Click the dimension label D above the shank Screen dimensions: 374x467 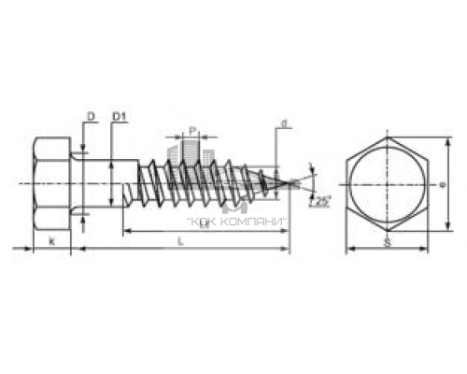91,116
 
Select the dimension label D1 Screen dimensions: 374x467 119,116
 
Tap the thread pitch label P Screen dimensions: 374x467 191,131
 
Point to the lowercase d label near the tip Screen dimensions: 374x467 280,122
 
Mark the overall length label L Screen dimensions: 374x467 179,241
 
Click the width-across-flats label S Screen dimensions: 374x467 387,242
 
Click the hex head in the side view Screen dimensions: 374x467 51,183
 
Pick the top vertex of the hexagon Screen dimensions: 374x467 387,137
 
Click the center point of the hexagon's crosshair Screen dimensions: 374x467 387,183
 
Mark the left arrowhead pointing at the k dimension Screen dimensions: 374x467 28,249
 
